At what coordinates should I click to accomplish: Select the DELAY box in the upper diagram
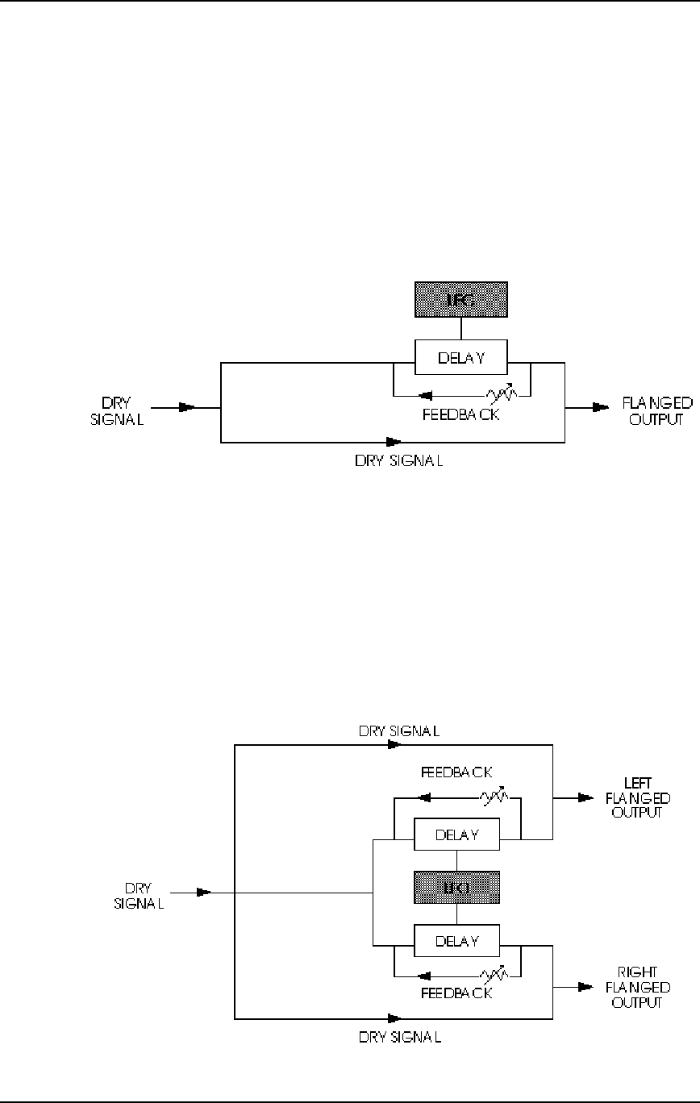[460, 356]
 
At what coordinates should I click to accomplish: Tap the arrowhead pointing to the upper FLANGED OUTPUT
[601, 408]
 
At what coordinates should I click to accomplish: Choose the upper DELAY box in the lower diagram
[457, 835]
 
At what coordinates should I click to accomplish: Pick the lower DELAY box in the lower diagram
[457, 940]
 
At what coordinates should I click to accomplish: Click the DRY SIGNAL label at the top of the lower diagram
[398, 732]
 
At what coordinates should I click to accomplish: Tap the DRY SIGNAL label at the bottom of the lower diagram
[398, 1037]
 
